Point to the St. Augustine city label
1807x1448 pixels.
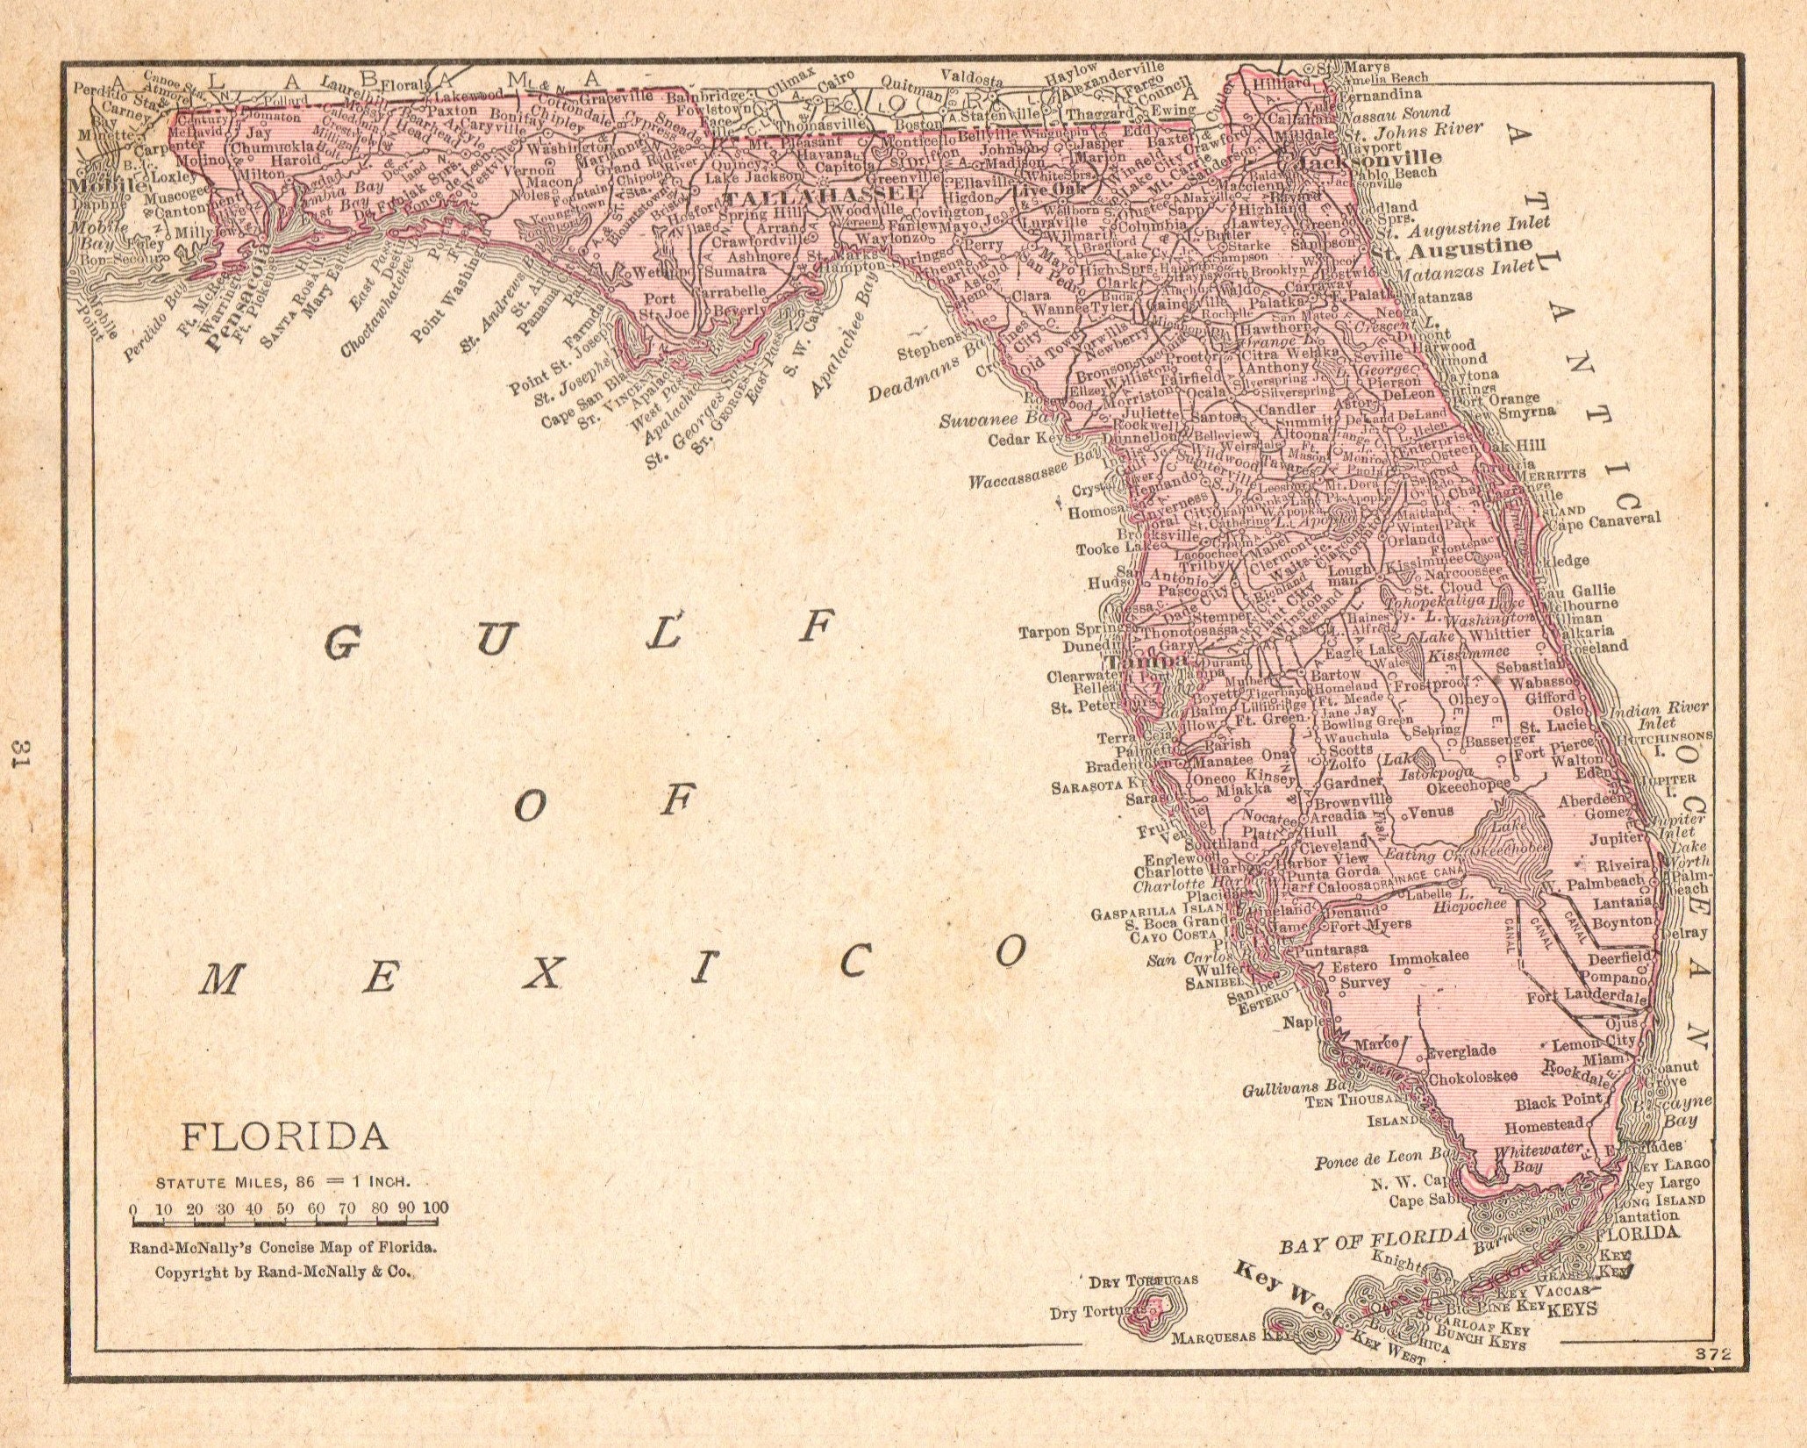pyautogui.click(x=1452, y=247)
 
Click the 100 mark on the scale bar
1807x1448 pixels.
pyautogui.click(x=434, y=1208)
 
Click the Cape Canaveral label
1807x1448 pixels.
pyautogui.click(x=1605, y=520)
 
